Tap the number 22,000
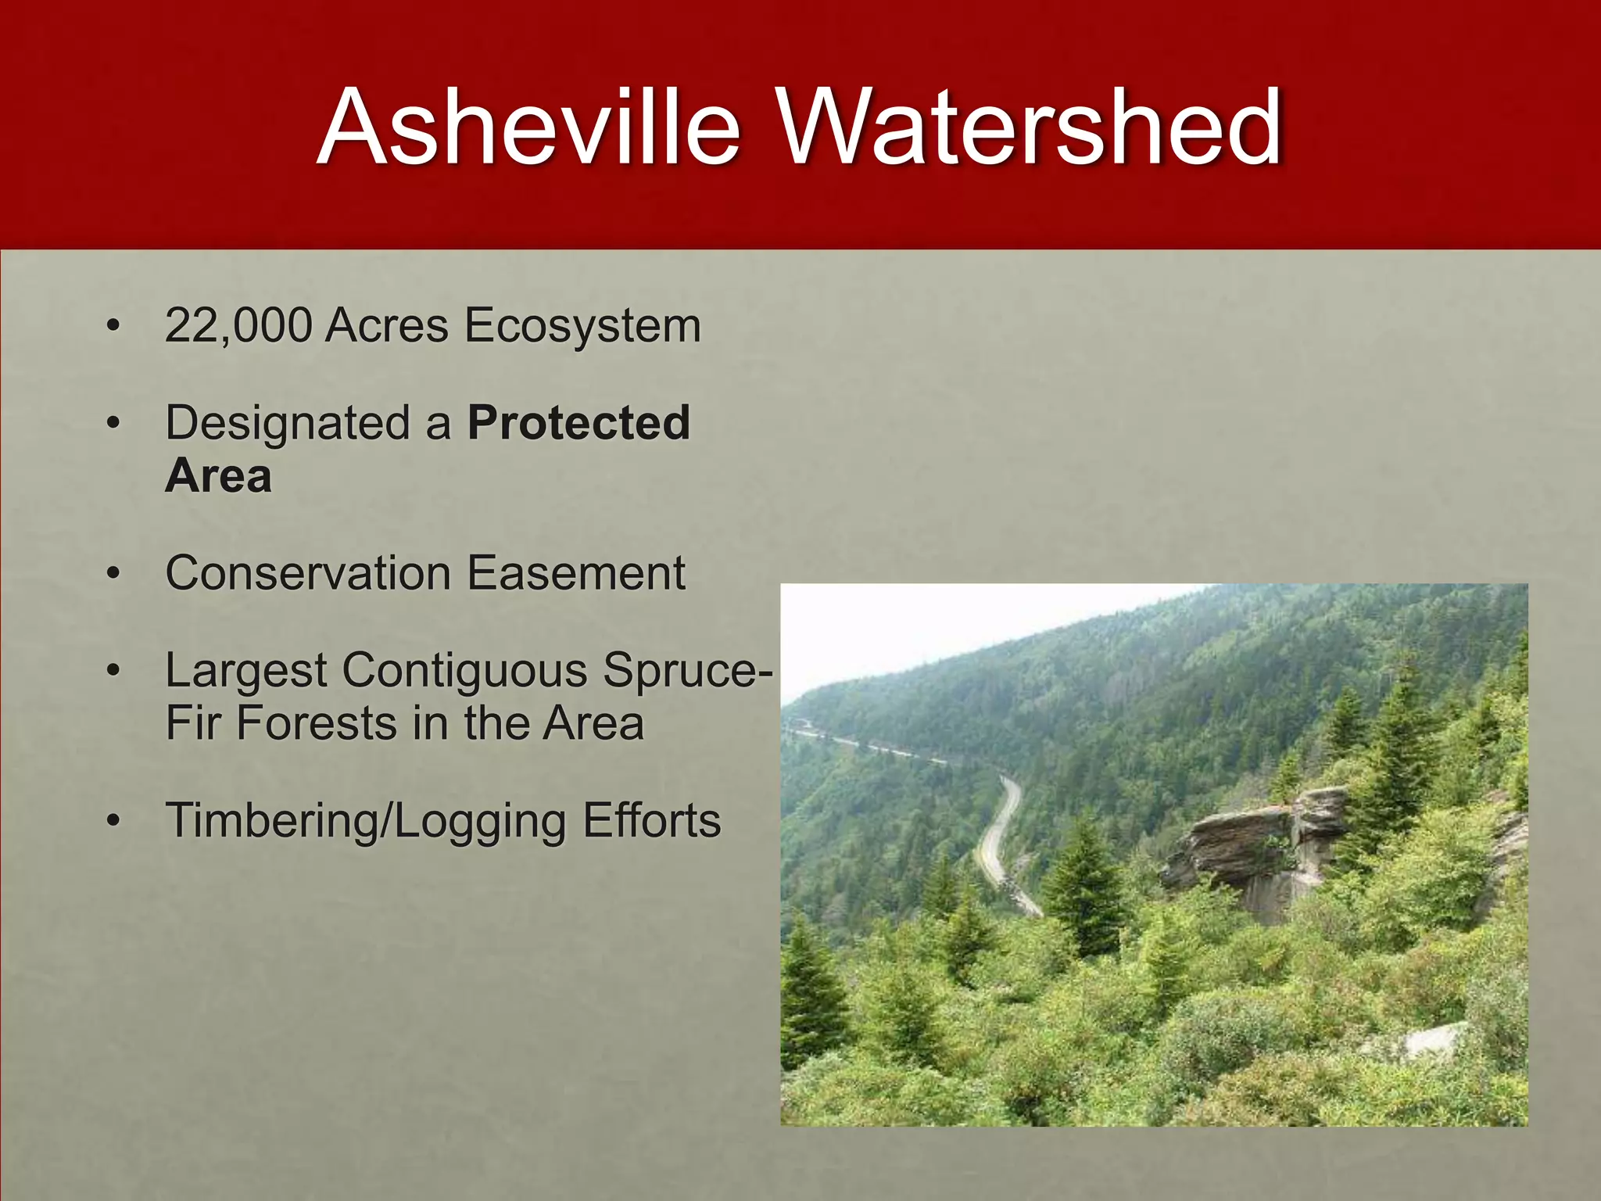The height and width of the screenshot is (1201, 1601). (x=238, y=325)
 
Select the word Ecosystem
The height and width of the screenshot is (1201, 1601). (x=582, y=327)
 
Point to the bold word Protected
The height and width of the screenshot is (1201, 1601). (x=578, y=423)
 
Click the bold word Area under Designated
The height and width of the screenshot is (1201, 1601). (x=218, y=475)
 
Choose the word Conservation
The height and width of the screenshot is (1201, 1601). (x=307, y=573)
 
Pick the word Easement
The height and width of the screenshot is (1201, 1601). (x=576, y=573)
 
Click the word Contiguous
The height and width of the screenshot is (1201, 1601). (x=464, y=671)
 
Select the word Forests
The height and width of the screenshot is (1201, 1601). (x=317, y=723)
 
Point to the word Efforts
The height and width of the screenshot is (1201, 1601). (x=652, y=821)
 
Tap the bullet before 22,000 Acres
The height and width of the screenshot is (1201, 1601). (x=114, y=327)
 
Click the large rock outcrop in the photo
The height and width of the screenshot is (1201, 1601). (x=1251, y=844)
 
